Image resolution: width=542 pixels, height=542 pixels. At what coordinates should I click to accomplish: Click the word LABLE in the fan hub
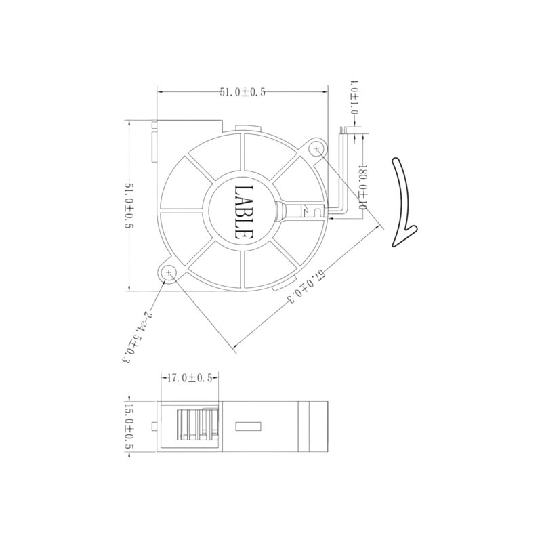pyautogui.click(x=243, y=212)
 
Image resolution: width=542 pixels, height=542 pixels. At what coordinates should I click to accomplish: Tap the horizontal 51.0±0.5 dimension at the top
pyautogui.click(x=243, y=92)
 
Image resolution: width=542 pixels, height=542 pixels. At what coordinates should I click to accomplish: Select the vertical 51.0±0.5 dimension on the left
pyautogui.click(x=129, y=206)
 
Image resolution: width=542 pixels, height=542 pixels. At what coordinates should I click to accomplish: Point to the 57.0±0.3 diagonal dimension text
pyautogui.click(x=306, y=287)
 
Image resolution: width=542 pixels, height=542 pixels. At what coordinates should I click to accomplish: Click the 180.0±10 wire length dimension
pyautogui.click(x=362, y=187)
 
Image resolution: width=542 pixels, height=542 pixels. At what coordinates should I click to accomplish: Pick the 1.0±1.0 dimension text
pyautogui.click(x=354, y=98)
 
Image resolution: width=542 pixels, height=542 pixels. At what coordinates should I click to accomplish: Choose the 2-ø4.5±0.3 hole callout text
pyautogui.click(x=136, y=337)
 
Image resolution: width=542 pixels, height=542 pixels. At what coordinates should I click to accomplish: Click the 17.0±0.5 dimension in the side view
pyautogui.click(x=190, y=378)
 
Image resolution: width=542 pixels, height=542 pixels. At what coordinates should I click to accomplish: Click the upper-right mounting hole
pyautogui.click(x=316, y=149)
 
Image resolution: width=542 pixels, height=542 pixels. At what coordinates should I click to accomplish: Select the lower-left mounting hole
pyautogui.click(x=169, y=273)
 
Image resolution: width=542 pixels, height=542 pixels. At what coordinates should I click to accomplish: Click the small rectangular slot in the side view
pyautogui.click(x=248, y=427)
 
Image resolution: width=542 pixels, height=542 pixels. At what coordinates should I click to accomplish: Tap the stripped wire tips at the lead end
pyautogui.click(x=343, y=129)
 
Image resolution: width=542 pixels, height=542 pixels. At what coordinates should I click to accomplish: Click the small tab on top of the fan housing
pyautogui.click(x=247, y=128)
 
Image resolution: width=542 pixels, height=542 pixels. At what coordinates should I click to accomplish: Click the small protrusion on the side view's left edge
pyautogui.click(x=154, y=427)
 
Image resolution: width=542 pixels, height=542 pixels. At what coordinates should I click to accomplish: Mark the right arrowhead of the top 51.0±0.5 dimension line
pyautogui.click(x=325, y=92)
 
